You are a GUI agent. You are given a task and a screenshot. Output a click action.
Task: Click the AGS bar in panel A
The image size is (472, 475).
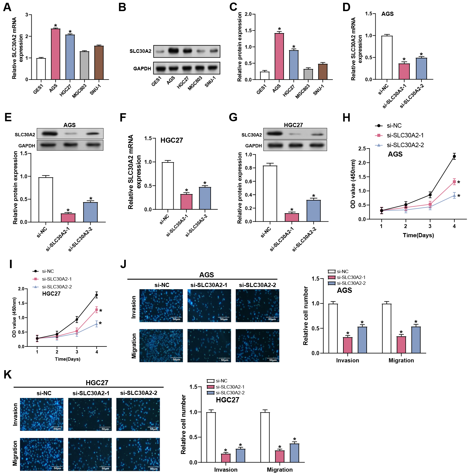pyautogui.click(x=56, y=54)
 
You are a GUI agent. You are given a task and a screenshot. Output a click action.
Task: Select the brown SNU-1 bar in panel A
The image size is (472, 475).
pyautogui.click(x=99, y=63)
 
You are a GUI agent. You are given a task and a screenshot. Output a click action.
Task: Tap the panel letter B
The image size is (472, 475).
pyautogui.click(x=122, y=7)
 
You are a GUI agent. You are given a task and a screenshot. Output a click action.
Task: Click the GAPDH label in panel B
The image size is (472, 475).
pyautogui.click(x=142, y=68)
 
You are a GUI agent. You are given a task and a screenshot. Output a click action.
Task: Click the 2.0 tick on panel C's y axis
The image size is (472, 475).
pyautogui.click(x=248, y=14)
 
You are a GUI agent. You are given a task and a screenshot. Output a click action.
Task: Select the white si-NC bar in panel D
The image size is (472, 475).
pyautogui.click(x=387, y=58)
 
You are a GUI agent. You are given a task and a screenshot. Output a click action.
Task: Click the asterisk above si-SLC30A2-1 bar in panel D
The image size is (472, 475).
pyautogui.click(x=404, y=60)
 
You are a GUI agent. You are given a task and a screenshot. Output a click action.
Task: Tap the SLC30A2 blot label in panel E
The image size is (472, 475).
pyautogui.click(x=25, y=135)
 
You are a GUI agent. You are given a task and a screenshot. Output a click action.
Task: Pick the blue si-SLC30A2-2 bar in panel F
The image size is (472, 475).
pyautogui.click(x=205, y=198)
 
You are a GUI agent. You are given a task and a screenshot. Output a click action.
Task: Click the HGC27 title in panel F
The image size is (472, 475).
pyautogui.click(x=171, y=140)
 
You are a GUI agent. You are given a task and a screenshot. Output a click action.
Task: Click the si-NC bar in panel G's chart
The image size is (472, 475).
pyautogui.click(x=269, y=194)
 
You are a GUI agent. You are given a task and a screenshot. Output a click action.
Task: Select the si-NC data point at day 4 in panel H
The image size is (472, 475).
pyautogui.click(x=454, y=156)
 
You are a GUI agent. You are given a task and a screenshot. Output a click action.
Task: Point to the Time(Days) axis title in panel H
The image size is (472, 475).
pyautogui.click(x=418, y=235)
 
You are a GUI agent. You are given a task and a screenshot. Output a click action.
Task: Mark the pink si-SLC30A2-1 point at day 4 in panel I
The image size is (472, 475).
pyautogui.click(x=97, y=310)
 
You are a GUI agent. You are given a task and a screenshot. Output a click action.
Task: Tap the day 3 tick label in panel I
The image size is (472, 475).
pyautogui.click(x=77, y=352)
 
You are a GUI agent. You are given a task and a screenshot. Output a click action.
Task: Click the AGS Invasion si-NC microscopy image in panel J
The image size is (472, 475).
pyautogui.click(x=161, y=306)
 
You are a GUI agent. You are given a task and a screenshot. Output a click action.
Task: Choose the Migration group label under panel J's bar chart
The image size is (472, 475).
pyautogui.click(x=401, y=360)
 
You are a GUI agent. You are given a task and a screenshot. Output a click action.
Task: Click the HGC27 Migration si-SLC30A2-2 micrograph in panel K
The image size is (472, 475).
pyautogui.click(x=138, y=454)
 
